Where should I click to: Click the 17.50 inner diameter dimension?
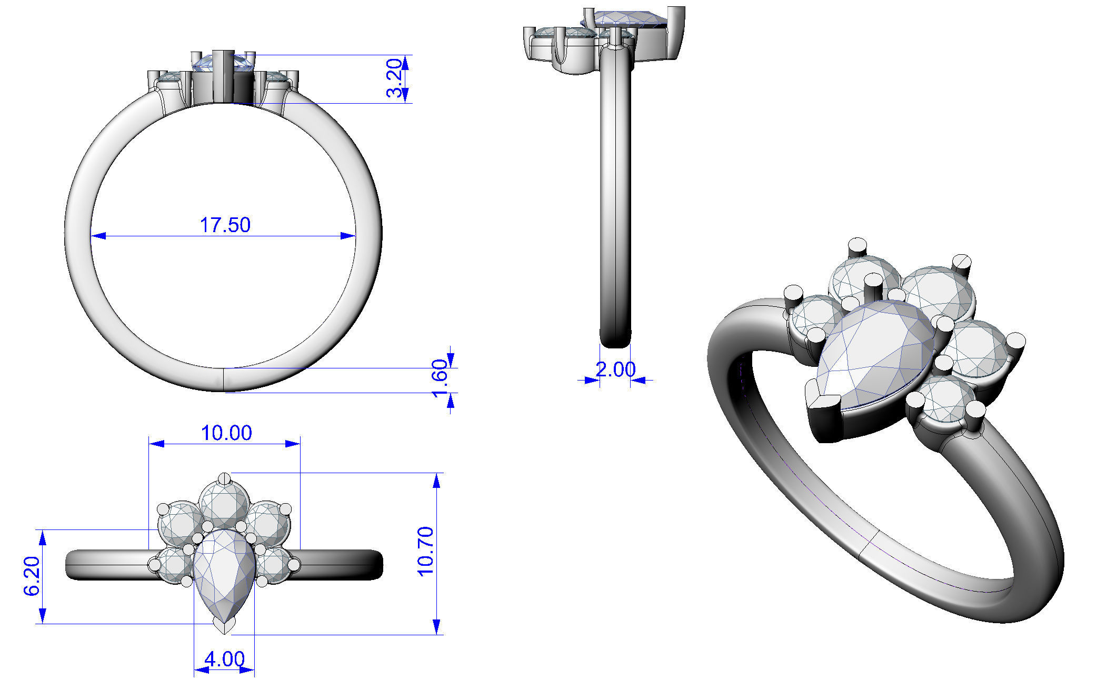coord(225,225)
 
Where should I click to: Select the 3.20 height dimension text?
coord(395,78)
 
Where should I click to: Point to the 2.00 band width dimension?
coord(615,369)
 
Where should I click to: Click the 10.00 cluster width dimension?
coord(226,433)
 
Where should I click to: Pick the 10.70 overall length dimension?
coord(425,551)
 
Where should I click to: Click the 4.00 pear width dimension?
coord(225,658)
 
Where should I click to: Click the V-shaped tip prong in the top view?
coord(225,626)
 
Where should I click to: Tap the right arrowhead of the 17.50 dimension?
coord(348,236)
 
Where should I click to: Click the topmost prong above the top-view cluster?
coord(225,478)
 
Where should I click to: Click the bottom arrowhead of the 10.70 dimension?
coord(436,627)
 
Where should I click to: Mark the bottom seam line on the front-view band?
coord(225,379)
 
